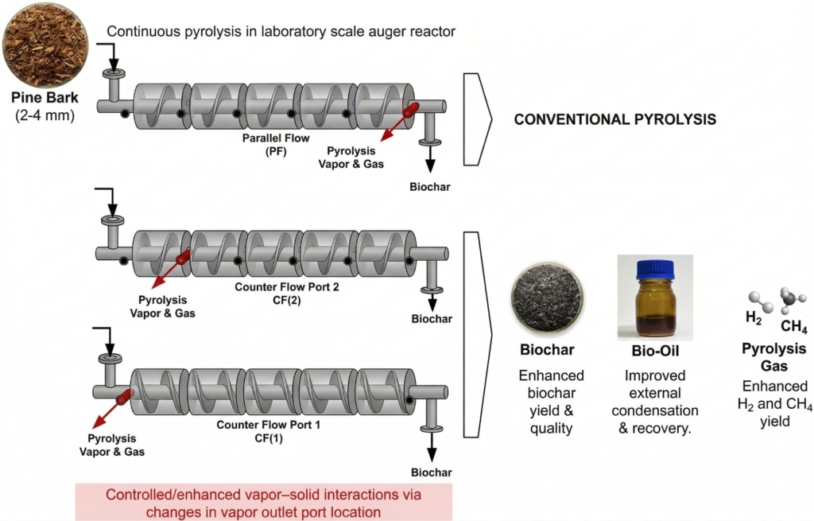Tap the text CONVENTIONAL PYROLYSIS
point(615,119)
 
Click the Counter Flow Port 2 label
point(287,294)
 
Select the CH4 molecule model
point(789,299)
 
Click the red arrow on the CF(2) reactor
point(169,270)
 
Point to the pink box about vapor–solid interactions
point(263,502)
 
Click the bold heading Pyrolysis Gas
point(773,358)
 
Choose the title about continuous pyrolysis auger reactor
point(281,32)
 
